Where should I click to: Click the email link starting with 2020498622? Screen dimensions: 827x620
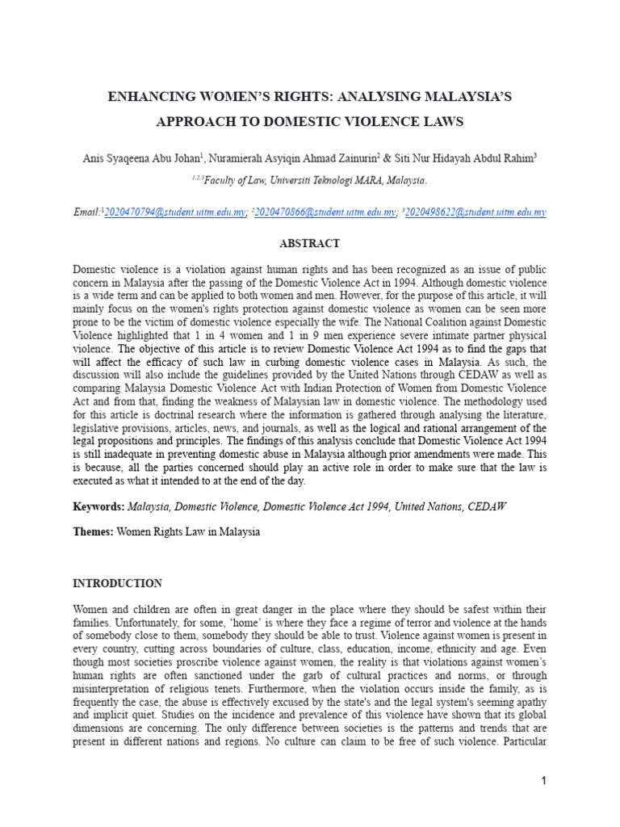[475, 212]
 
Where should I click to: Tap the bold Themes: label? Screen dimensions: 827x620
[93, 533]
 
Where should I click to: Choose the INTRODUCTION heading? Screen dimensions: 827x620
[117, 583]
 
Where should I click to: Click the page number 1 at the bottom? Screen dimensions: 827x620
[544, 781]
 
